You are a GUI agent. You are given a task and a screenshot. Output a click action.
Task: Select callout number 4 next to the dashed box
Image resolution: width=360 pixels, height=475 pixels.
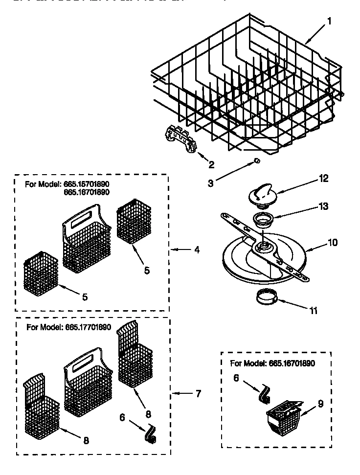tap(197, 250)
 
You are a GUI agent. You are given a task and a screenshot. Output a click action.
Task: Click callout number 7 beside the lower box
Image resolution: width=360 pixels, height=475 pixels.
tap(198, 393)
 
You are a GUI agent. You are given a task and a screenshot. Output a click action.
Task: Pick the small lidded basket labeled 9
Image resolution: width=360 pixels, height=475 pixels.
tap(284, 417)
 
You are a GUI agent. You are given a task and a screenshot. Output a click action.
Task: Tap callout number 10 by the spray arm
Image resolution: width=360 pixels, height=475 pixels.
tap(333, 242)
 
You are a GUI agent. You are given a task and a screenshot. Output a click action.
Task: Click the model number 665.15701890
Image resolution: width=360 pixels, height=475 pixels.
tap(86, 184)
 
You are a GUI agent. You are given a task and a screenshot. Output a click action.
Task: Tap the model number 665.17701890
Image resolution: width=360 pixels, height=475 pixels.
tap(88, 328)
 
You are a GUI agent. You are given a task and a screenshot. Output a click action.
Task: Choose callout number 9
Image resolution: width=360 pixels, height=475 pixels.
tap(321, 404)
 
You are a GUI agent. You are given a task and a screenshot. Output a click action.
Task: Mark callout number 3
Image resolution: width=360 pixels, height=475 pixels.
tap(210, 184)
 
